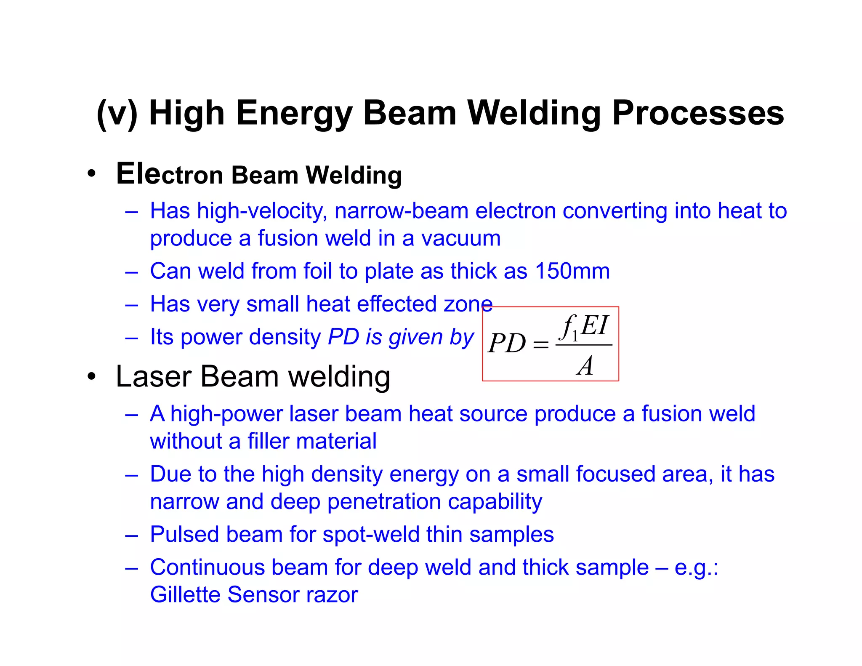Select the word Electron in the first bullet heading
169,174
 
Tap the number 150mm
572,271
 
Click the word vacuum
461,238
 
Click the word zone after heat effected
468,304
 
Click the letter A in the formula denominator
585,365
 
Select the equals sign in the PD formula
540,345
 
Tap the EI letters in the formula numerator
594,325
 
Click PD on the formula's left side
507,343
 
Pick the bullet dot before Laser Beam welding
91,376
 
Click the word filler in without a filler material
268,441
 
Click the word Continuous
207,567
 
